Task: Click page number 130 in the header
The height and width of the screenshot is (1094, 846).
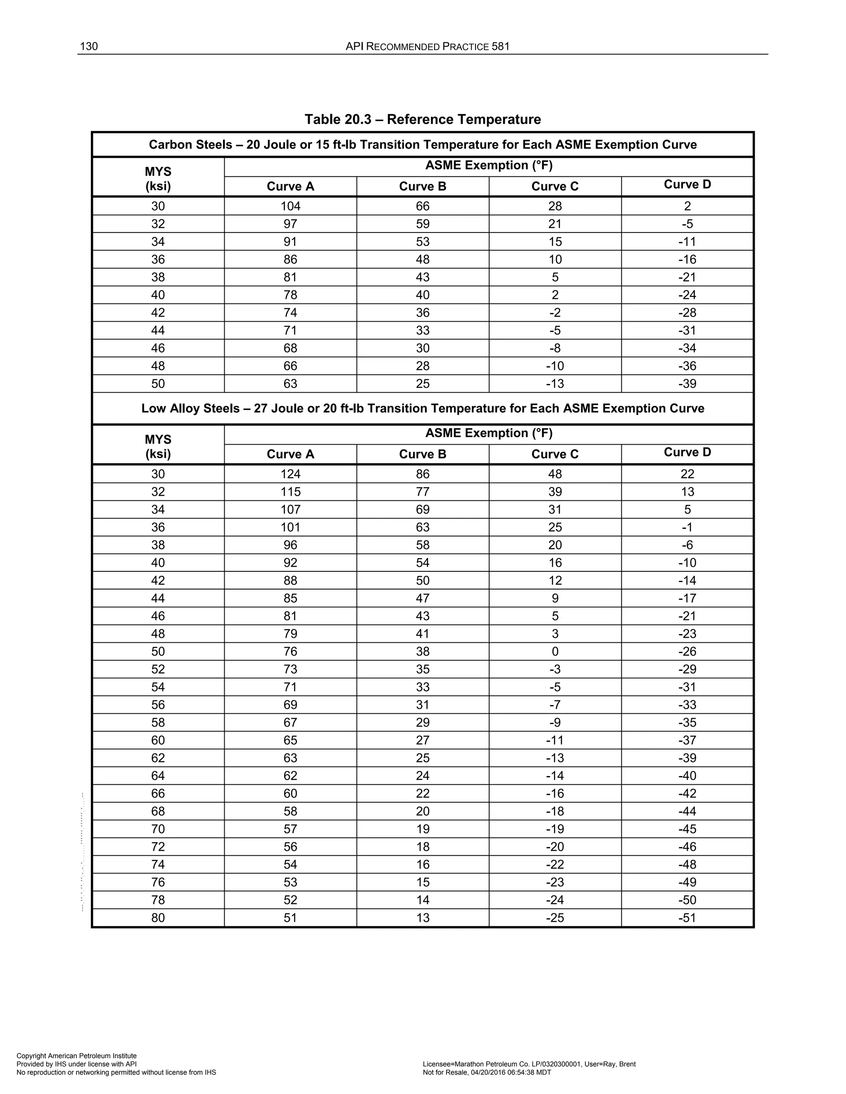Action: tap(89, 47)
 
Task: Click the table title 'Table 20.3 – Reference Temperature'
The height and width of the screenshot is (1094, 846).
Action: tap(423, 119)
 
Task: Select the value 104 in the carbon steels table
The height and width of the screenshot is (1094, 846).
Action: tap(290, 206)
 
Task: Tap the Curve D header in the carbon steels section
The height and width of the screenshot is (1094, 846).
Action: tap(687, 185)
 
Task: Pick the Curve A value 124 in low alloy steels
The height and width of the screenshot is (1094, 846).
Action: tap(290, 474)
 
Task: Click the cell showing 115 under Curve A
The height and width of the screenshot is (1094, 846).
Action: tap(290, 492)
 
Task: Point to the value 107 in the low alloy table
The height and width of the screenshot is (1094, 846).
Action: tap(290, 509)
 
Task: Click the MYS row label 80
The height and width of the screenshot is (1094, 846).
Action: tap(158, 918)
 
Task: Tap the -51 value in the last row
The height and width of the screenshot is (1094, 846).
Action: tap(687, 918)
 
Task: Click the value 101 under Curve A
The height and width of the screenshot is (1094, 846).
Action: tap(290, 528)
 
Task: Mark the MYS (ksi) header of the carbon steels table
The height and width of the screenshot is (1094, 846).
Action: tap(158, 179)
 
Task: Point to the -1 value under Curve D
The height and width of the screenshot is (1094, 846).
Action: tap(687, 528)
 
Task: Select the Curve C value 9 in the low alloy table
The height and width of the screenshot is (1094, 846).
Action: tap(555, 598)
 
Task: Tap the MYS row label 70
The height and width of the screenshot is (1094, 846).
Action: tap(158, 829)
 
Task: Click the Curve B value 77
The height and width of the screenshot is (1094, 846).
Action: tap(423, 492)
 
